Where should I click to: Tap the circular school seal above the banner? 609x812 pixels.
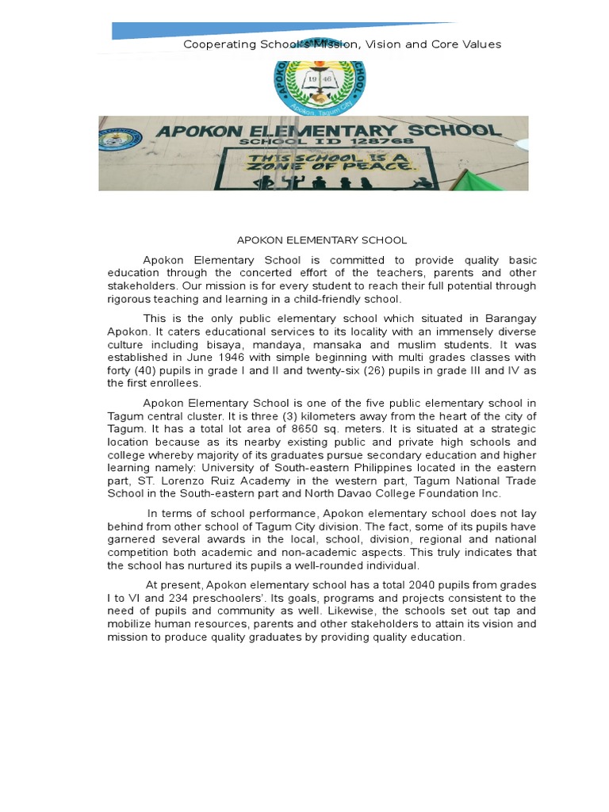point(320,82)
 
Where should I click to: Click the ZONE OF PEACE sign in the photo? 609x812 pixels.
point(329,162)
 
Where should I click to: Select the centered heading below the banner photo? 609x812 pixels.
point(322,239)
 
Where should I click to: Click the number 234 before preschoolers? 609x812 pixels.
point(178,598)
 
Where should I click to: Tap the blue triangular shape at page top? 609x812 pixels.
point(238,30)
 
